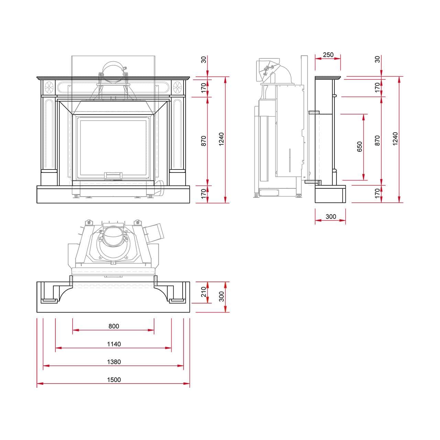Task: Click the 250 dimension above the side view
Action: pyautogui.click(x=328, y=55)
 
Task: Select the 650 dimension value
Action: pyautogui.click(x=360, y=146)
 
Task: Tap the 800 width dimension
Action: pyautogui.click(x=114, y=326)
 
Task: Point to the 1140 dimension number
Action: pyautogui.click(x=114, y=344)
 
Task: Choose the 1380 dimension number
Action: pyautogui.click(x=114, y=362)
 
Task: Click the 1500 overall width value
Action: pyautogui.click(x=114, y=379)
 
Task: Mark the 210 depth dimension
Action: pyautogui.click(x=204, y=292)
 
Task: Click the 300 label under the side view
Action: pyautogui.click(x=331, y=217)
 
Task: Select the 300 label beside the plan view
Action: pyautogui.click(x=221, y=296)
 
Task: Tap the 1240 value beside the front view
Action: pyautogui.click(x=221, y=139)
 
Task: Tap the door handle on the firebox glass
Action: pyautogui.click(x=113, y=176)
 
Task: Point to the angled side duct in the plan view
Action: pyautogui.click(x=154, y=233)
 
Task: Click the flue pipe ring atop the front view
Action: pyautogui.click(x=113, y=72)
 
